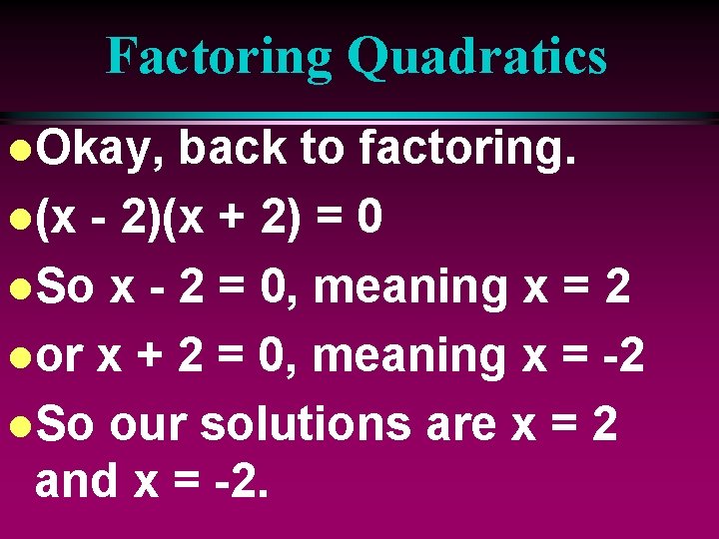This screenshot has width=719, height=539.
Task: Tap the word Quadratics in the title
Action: [476, 56]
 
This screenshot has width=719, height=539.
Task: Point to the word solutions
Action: [306, 424]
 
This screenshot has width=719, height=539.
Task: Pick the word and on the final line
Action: [77, 480]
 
